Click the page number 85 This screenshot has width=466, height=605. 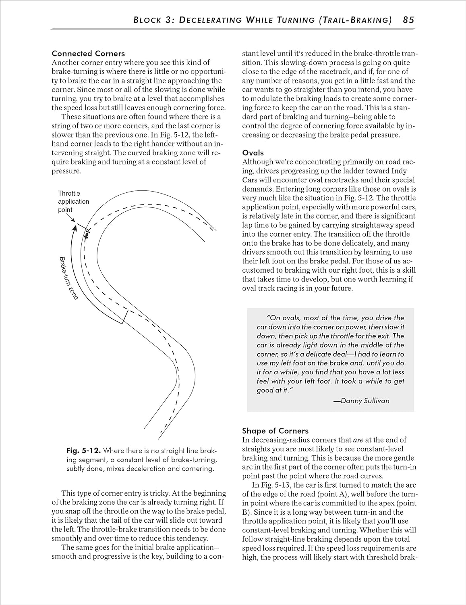pos(408,20)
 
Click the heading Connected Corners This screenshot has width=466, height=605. pos(88,53)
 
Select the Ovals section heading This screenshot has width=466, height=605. pos(253,152)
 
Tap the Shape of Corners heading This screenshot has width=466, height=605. pos(275,430)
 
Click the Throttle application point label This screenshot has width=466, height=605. pos(73,201)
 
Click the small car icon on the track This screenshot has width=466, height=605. pos(87,234)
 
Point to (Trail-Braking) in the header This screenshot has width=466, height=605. pos(354,20)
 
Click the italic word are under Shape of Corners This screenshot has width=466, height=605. pos(358,440)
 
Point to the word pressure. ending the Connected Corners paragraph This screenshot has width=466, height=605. pos(66,171)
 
